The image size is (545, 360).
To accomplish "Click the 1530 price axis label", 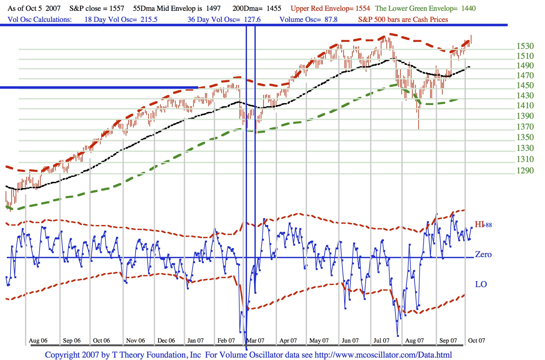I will (525, 46).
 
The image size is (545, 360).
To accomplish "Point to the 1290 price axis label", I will (525, 171).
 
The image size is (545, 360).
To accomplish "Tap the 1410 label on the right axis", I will (525, 106).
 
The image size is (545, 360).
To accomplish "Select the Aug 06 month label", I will (38, 340).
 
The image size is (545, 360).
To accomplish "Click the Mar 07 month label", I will (255, 340).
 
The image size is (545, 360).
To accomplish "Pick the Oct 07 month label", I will (476, 340).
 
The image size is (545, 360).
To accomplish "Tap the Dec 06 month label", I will (166, 340).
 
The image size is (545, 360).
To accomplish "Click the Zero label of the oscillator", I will (483, 255).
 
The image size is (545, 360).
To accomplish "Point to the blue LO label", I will (481, 284).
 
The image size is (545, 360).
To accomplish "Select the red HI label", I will (479, 224).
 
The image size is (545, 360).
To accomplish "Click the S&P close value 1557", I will (116, 8).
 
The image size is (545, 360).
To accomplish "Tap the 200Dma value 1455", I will (274, 8).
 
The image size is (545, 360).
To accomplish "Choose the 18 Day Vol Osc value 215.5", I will (149, 20).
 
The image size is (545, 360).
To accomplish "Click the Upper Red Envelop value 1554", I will (363, 8).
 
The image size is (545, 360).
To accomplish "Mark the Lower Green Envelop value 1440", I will (468, 8).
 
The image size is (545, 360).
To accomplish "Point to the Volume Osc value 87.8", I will (331, 20).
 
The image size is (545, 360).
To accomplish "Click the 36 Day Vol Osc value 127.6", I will (252, 20).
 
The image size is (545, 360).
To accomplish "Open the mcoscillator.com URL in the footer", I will (383, 355).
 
